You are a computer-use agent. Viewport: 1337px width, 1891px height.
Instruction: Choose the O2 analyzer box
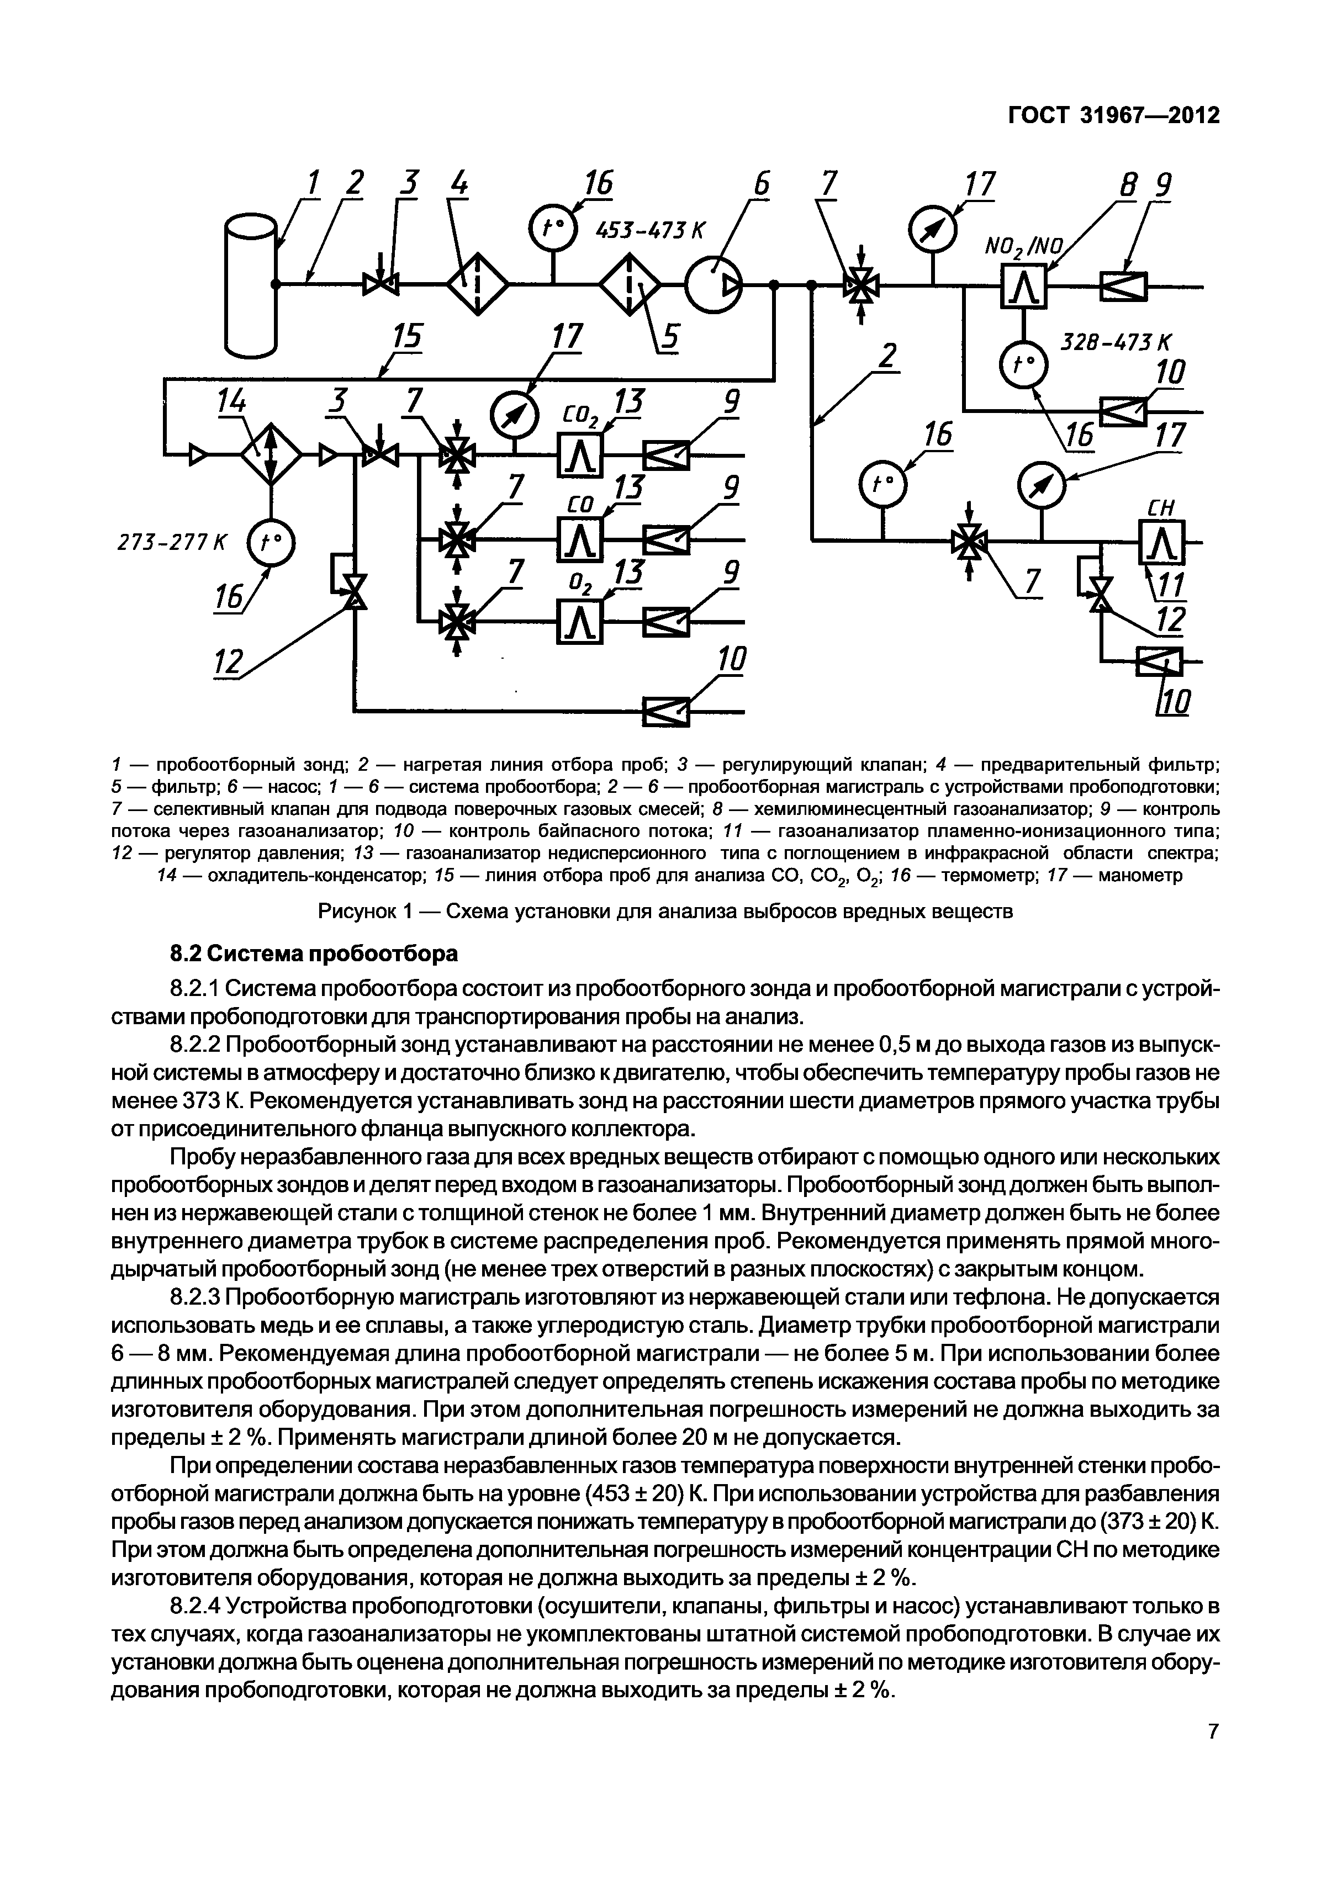[x=582, y=621]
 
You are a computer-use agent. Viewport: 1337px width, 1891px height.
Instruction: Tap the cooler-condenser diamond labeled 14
[x=271, y=453]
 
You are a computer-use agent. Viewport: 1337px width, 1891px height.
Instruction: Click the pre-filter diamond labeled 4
[x=478, y=284]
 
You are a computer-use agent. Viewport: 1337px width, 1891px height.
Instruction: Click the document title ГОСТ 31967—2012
[x=1114, y=116]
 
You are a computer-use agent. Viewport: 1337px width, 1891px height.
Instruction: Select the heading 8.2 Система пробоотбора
[x=313, y=954]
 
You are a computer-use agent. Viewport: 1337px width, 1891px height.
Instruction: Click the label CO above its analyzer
[x=583, y=502]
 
